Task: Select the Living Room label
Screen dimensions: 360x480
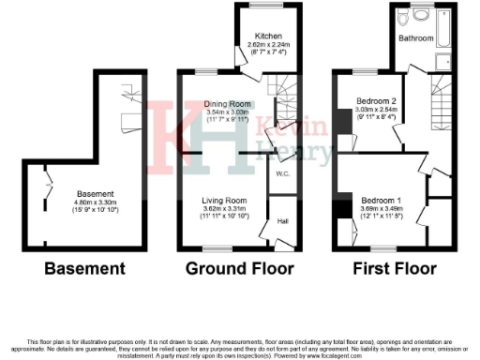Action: pyautogui.click(x=228, y=200)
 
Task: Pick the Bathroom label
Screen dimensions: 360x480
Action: pyautogui.click(x=415, y=38)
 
